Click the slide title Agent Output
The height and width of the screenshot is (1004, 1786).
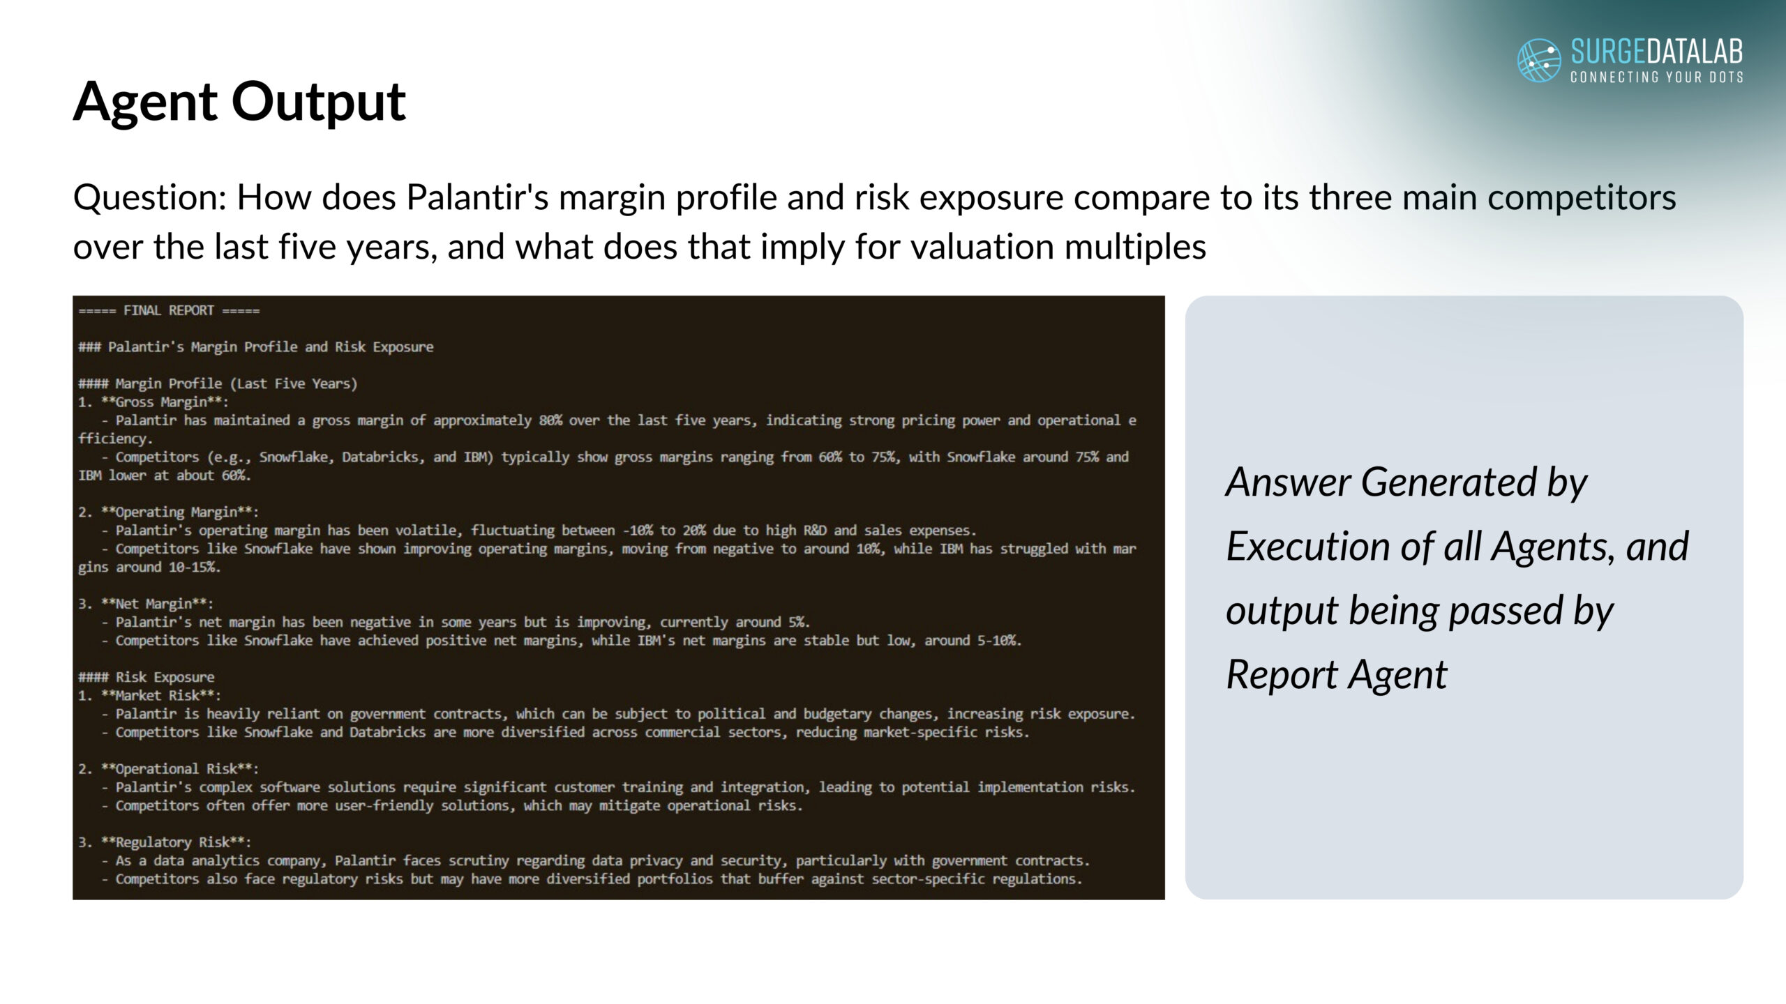click(239, 102)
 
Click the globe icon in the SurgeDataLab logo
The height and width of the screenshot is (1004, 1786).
click(1539, 60)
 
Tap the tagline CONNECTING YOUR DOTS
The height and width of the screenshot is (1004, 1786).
click(1657, 77)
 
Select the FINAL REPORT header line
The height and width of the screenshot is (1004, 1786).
click(169, 310)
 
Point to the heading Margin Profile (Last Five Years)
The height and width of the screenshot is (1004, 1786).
click(218, 383)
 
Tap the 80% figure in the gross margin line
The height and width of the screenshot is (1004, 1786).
click(550, 420)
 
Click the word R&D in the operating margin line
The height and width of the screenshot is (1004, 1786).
click(815, 531)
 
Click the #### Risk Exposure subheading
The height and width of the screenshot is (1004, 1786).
click(147, 677)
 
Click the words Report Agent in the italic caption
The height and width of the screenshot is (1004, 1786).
click(1337, 675)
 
